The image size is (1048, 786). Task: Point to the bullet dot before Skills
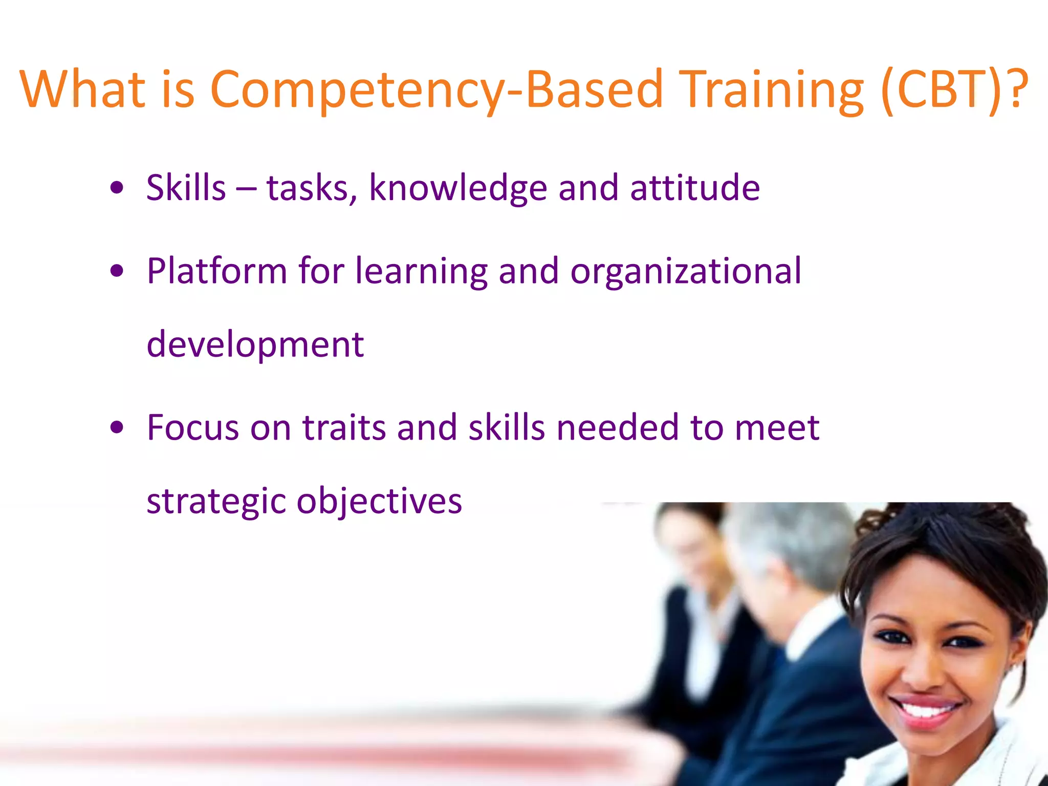tap(117, 188)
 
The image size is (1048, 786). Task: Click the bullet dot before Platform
tap(117, 271)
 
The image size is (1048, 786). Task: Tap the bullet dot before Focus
tap(117, 427)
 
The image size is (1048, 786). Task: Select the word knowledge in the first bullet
tap(458, 188)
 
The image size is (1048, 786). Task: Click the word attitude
tap(694, 188)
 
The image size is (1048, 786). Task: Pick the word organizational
tap(686, 271)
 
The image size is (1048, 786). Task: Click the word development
tap(255, 344)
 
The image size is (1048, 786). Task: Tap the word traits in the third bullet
tap(344, 427)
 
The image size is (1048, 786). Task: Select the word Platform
tap(216, 271)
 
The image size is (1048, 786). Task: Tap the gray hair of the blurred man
tap(798, 542)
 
